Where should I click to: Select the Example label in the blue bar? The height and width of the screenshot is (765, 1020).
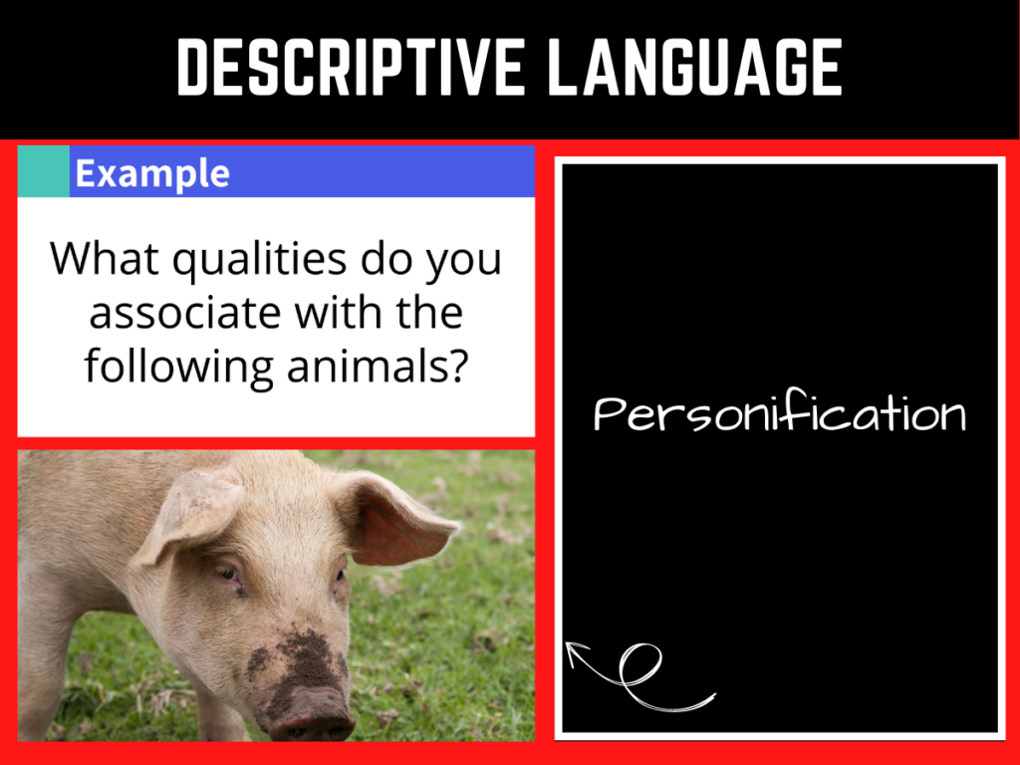(152, 173)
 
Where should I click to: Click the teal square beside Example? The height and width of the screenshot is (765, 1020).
(44, 171)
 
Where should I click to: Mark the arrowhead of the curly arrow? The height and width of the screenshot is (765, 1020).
(575, 651)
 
